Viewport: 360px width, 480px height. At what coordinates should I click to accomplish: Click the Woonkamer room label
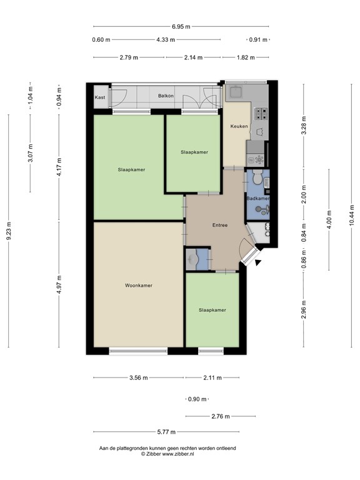click(x=139, y=285)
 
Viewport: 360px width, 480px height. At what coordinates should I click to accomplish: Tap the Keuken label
click(x=239, y=127)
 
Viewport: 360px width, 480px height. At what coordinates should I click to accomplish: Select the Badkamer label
click(x=259, y=198)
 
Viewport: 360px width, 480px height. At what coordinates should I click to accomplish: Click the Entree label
click(x=219, y=226)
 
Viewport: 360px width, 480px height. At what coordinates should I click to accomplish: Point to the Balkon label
click(x=166, y=96)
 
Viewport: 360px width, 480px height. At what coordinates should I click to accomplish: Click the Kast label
click(x=100, y=97)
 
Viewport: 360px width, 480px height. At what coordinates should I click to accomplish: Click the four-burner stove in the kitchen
click(x=259, y=114)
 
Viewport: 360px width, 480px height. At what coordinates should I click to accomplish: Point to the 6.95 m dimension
click(x=182, y=26)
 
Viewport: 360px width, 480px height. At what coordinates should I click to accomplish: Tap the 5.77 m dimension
click(x=166, y=432)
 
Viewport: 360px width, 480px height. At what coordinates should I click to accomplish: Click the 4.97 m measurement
click(x=59, y=284)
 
